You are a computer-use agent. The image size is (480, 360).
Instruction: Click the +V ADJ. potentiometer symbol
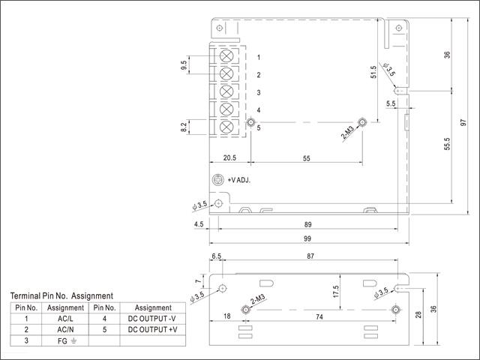218,180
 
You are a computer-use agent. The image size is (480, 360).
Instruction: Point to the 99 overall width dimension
308,238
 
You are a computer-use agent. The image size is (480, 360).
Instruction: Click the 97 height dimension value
464,121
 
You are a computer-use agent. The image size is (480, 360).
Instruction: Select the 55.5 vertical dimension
446,143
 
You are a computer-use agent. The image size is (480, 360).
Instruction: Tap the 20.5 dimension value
229,158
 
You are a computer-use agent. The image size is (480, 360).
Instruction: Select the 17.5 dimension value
336,291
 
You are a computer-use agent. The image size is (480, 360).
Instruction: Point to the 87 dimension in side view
311,256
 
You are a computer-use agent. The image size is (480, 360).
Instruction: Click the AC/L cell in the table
65,319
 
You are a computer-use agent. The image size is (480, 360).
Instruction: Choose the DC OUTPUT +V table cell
153,329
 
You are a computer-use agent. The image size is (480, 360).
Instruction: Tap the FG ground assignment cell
65,340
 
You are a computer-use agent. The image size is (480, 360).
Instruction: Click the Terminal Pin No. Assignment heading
61,296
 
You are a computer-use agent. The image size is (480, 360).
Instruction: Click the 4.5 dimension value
199,224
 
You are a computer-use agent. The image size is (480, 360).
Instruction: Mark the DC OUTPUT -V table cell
153,319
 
